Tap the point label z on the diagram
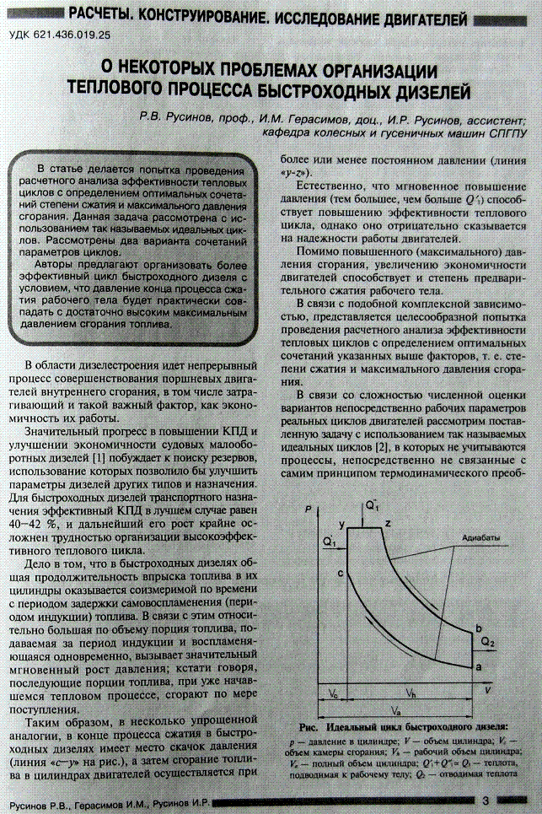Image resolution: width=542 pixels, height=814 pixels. tap(388, 524)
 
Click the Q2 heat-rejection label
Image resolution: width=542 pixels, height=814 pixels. tap(489, 642)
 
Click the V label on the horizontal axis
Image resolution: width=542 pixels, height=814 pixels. tap(487, 688)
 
